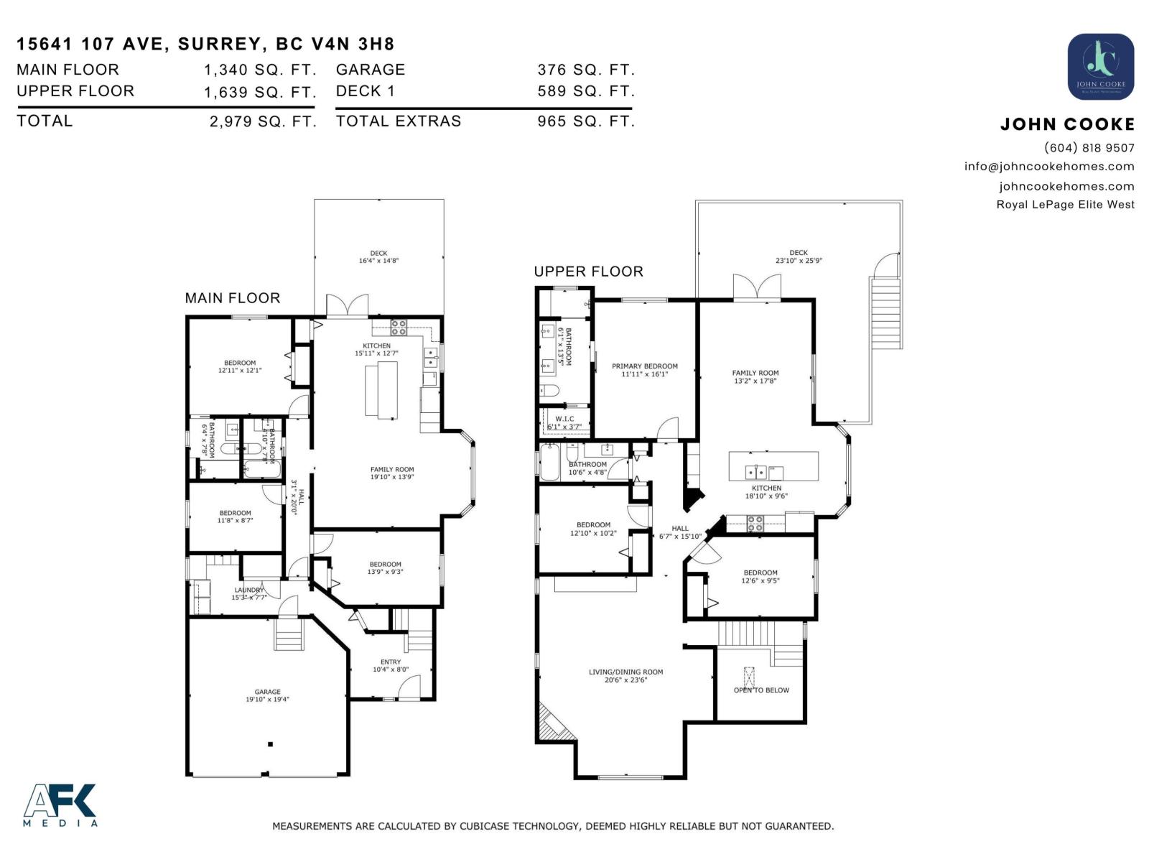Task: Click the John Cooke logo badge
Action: click(x=1100, y=67)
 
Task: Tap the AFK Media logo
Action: click(x=60, y=805)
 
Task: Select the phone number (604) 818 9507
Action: click(x=1089, y=148)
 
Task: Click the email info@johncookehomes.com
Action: click(x=1048, y=167)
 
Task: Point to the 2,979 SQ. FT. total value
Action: click(x=263, y=121)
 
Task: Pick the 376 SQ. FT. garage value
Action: click(x=586, y=70)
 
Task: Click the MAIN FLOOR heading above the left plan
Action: click(x=232, y=298)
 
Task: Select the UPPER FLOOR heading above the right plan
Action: click(x=588, y=272)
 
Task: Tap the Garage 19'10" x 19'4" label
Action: click(x=267, y=695)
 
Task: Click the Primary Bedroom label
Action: click(x=644, y=370)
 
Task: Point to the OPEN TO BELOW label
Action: click(x=761, y=690)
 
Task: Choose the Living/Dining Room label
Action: click(x=625, y=676)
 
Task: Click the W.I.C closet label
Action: click(x=564, y=422)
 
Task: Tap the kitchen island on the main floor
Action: click(x=381, y=389)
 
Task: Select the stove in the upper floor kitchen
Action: click(x=755, y=524)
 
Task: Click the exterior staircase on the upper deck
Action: click(x=886, y=312)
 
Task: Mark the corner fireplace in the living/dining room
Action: click(x=553, y=724)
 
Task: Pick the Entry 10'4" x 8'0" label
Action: click(x=391, y=666)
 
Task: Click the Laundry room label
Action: click(x=248, y=593)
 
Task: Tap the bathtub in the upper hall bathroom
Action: click(x=550, y=463)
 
